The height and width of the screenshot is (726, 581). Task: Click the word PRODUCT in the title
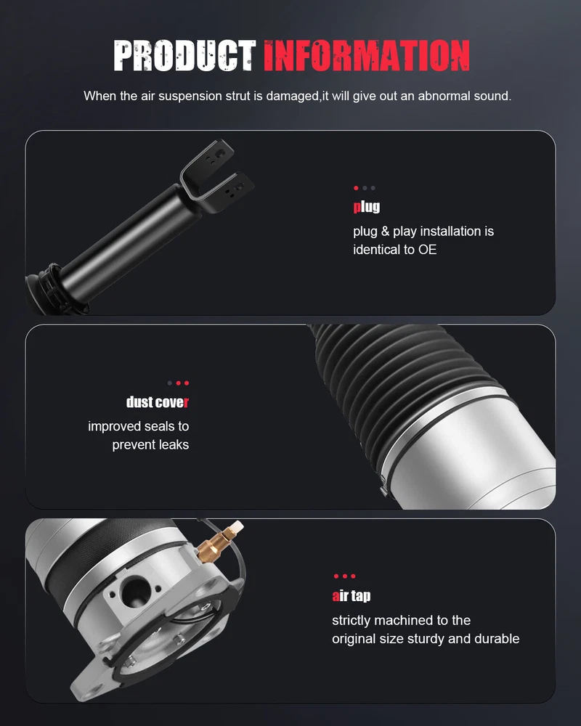[184, 56]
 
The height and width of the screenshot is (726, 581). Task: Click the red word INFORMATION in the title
[367, 56]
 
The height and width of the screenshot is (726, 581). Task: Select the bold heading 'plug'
[367, 206]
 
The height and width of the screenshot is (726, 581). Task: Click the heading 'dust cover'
[158, 402]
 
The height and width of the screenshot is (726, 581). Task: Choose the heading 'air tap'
[352, 595]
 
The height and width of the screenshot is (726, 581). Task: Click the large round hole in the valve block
[135, 591]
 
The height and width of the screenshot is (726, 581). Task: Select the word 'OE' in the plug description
[427, 250]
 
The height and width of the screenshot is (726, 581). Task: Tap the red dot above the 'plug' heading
[356, 188]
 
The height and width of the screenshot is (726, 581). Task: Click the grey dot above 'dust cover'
[169, 383]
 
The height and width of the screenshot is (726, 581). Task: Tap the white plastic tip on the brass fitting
[237, 526]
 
